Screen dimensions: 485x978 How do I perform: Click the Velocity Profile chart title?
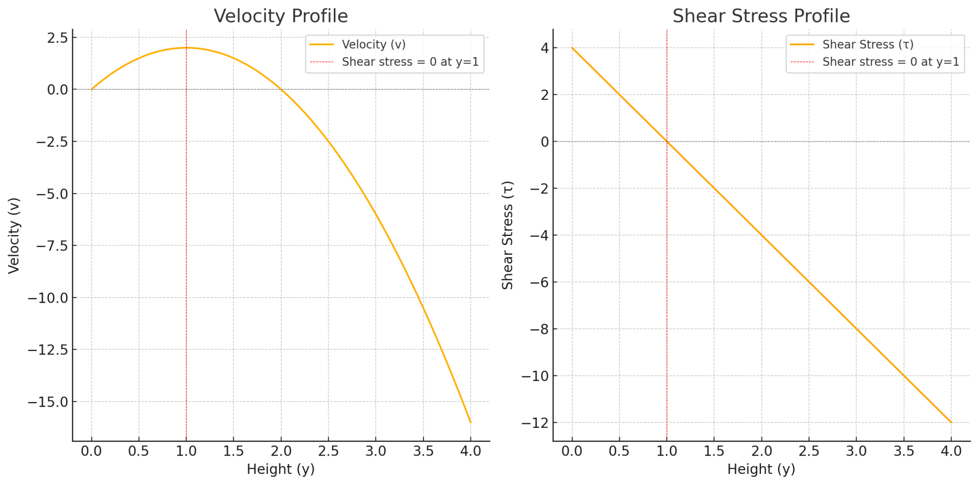[281, 16]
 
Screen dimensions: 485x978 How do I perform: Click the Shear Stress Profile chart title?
[761, 16]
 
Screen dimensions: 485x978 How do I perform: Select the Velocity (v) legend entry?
[374, 45]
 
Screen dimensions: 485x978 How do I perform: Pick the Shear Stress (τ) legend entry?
[867, 45]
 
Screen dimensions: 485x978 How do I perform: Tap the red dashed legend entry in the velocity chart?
[410, 62]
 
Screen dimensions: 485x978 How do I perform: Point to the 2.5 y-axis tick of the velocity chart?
[57, 38]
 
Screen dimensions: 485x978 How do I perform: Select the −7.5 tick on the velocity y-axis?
[51, 246]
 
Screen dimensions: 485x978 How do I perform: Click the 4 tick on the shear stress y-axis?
[545, 48]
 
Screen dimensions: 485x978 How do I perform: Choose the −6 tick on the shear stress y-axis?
[540, 282]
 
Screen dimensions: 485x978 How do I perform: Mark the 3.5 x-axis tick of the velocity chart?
[423, 451]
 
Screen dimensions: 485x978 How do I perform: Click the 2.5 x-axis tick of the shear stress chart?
[809, 451]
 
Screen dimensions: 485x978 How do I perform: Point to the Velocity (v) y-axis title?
[14, 235]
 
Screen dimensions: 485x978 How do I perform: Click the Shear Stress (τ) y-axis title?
[508, 235]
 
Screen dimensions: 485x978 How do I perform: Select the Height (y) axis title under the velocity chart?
[281, 469]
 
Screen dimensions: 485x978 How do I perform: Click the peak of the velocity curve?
[186, 48]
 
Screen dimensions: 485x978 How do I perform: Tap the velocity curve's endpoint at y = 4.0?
[470, 422]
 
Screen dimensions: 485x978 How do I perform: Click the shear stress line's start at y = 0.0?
[572, 48]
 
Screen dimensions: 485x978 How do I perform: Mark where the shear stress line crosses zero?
[667, 142]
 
